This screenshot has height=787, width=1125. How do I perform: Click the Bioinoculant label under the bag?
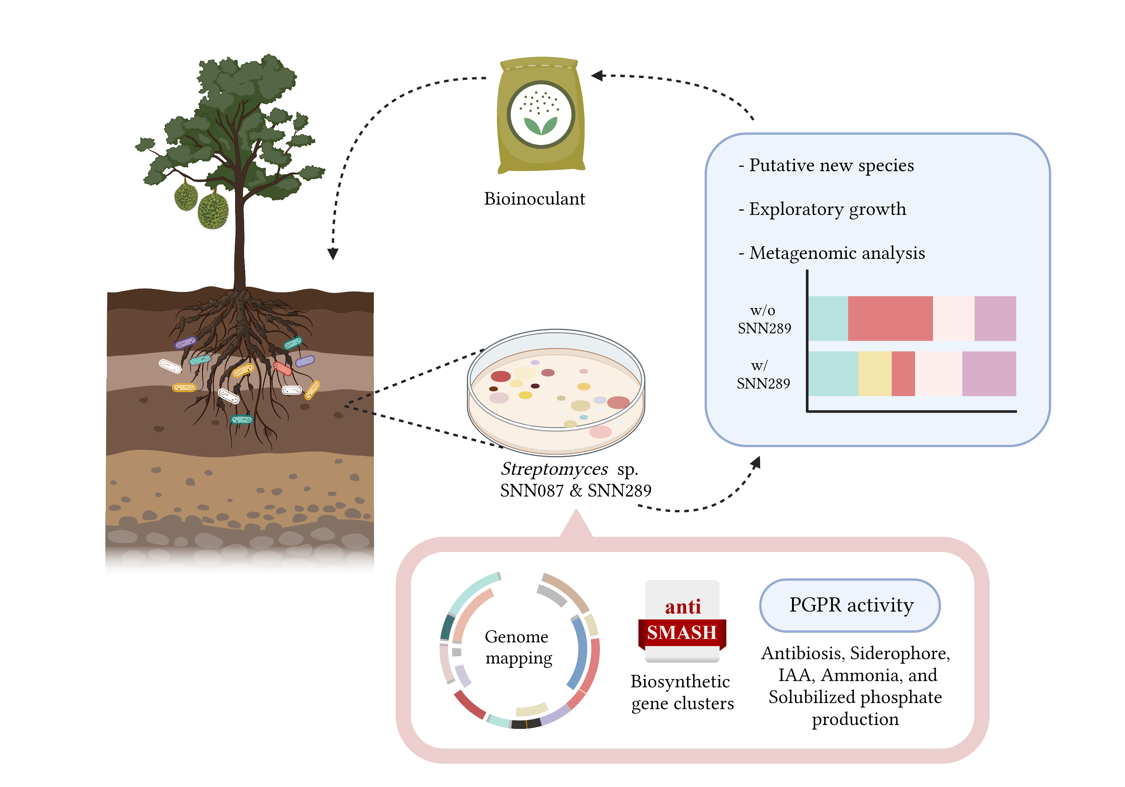[534, 199]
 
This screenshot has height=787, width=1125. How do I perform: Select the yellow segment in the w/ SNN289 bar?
[874, 374]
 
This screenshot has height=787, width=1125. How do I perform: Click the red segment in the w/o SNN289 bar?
[890, 318]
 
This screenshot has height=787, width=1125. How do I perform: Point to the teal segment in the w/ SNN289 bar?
[833, 374]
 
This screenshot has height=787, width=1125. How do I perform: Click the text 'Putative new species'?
[831, 166]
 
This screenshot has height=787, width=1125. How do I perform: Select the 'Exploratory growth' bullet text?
[827, 209]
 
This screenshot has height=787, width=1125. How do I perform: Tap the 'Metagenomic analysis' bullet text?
[837, 253]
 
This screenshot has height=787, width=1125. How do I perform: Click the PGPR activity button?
[850, 605]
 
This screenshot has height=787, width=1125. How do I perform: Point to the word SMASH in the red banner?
[682, 632]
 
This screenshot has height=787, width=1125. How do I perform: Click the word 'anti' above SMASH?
[682, 607]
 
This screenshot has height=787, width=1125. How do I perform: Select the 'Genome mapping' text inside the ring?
[517, 648]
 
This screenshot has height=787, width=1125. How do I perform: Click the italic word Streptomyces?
[554, 469]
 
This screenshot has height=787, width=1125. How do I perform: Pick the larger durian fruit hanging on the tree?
[213, 211]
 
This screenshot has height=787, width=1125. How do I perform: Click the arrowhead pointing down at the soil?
[333, 254]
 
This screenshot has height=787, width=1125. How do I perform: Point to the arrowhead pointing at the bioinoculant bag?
[597, 75]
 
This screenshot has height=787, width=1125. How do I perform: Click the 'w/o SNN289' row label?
[764, 319]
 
